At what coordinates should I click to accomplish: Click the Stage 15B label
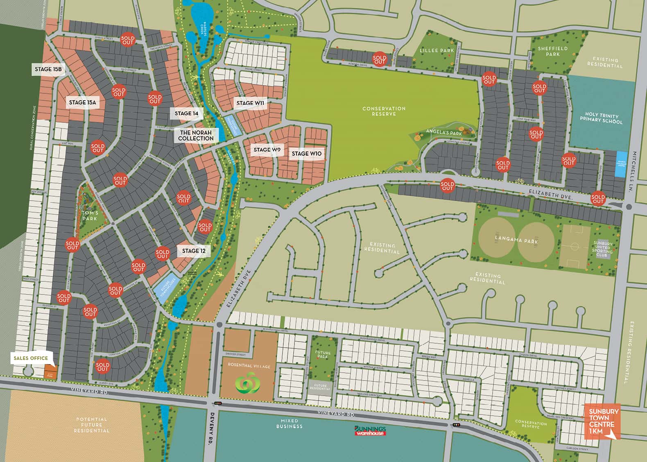click(48, 69)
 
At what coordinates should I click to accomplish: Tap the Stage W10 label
click(307, 154)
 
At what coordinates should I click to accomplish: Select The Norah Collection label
click(196, 136)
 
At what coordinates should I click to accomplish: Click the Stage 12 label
click(194, 251)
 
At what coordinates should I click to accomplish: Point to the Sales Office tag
click(31, 358)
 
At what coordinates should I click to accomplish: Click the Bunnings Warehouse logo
click(370, 430)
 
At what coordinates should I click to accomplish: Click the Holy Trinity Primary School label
click(601, 118)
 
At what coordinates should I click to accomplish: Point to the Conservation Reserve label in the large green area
click(384, 111)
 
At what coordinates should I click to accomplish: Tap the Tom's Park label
click(90, 216)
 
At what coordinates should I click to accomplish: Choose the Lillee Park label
click(437, 50)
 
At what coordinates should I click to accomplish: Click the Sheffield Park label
click(552, 51)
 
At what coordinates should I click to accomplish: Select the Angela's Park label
click(444, 133)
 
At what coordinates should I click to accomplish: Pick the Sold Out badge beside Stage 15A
click(118, 92)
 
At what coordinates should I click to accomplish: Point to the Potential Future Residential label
click(91, 425)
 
